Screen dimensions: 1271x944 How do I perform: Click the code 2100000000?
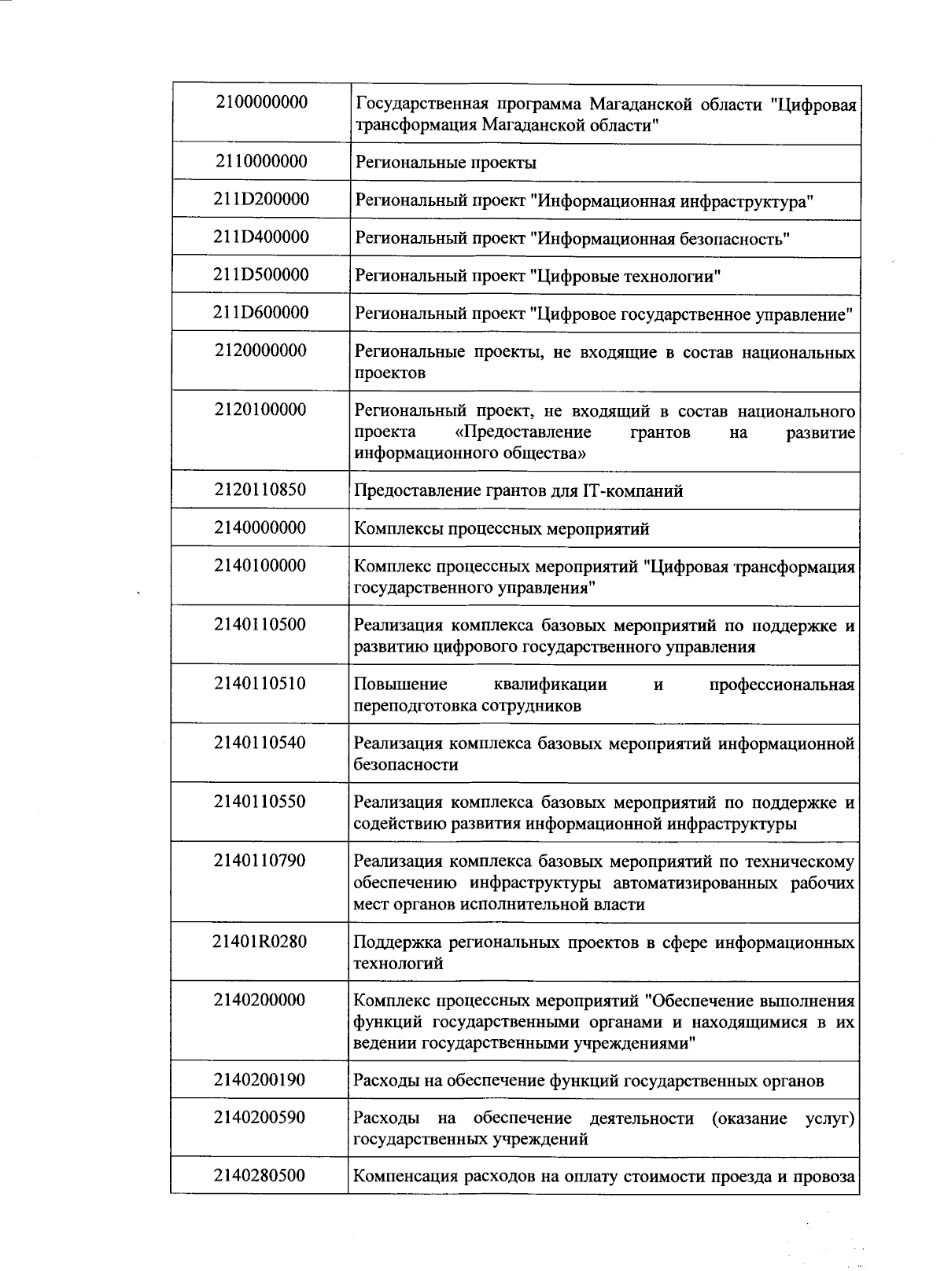(x=260, y=102)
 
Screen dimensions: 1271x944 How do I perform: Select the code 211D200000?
(x=260, y=200)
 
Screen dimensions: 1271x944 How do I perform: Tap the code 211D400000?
(x=260, y=237)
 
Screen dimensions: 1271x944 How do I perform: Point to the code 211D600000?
(x=260, y=313)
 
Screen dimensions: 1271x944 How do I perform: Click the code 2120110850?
(x=260, y=490)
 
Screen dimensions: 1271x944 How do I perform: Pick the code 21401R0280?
(x=260, y=941)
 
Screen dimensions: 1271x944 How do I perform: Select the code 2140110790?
(x=260, y=861)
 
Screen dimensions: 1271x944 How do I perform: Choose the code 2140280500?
(x=260, y=1176)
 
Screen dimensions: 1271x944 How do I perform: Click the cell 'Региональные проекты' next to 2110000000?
(x=446, y=163)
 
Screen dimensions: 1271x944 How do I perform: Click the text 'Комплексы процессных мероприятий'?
(x=502, y=529)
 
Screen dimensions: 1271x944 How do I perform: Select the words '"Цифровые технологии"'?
(x=626, y=277)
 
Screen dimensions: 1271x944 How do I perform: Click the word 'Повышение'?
(x=400, y=685)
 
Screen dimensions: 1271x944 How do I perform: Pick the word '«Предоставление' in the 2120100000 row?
(x=523, y=433)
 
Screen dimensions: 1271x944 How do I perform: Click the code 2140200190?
(x=260, y=1080)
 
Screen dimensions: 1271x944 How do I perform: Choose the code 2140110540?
(x=260, y=743)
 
